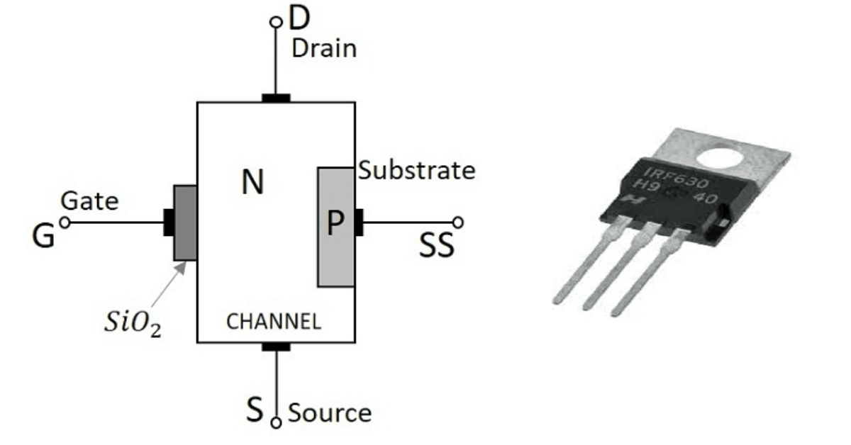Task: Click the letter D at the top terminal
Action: pos(301,20)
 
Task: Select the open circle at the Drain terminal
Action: pos(276,23)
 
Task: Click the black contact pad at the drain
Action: pos(276,98)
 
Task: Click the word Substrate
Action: pos(416,171)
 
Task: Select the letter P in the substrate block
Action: pos(335,225)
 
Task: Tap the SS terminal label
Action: pos(436,247)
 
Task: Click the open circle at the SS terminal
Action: pos(457,222)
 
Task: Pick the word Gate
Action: pos(89,201)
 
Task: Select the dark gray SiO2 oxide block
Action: pos(185,222)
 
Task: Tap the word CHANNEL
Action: pos(273,322)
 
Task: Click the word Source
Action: pos(329,412)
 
